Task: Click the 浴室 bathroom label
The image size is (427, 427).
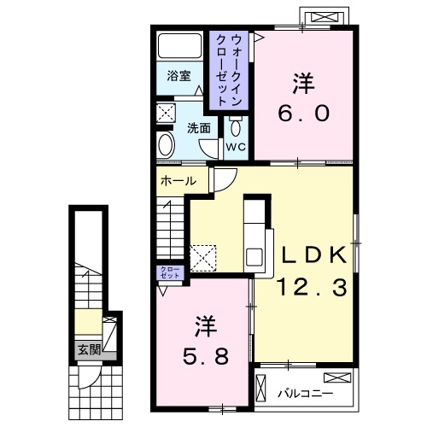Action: coord(178,75)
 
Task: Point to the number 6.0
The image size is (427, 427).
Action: coord(301,114)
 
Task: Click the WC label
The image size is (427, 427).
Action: coord(237,146)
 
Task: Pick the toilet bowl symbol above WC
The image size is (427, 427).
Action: coord(237,127)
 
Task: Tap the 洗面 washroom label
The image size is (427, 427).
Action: coord(199,128)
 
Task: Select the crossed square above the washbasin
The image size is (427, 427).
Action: coord(167,111)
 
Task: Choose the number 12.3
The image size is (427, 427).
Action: coord(310,289)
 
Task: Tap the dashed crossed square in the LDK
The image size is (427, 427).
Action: coord(202,256)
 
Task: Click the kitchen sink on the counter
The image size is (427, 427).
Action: coord(255,256)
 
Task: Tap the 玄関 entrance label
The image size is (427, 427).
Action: coord(89,349)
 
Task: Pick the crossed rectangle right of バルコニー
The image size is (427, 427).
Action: coord(336,377)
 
